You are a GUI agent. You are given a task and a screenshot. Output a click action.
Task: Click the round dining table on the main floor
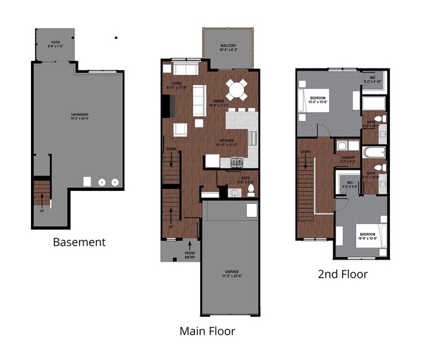click(236, 87)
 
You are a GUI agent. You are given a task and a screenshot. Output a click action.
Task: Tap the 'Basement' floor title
click(80, 242)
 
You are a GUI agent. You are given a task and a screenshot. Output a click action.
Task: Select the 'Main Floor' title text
click(207, 331)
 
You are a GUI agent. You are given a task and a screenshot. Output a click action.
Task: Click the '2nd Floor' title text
click(343, 274)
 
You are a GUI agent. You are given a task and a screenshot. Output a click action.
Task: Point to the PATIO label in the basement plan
click(56, 44)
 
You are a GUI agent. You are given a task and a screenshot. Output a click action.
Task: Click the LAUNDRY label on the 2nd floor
click(348, 159)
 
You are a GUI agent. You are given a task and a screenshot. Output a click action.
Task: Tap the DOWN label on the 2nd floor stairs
click(305, 153)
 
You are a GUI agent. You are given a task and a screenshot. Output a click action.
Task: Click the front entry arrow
click(190, 247)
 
